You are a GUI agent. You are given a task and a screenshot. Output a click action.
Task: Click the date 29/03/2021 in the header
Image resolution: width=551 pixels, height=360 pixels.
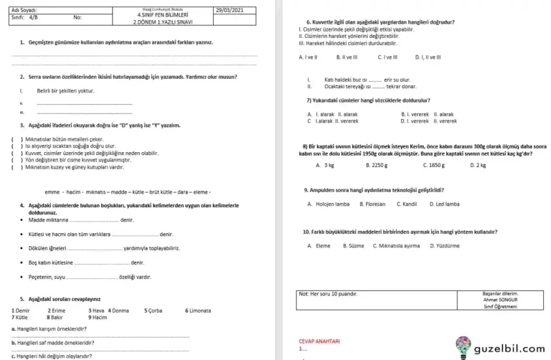click(229, 10)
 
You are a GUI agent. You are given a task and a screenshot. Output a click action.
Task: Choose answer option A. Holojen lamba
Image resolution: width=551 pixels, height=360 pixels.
click(329, 204)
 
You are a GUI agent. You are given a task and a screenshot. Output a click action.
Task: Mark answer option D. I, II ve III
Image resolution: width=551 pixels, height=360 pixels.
click(428, 56)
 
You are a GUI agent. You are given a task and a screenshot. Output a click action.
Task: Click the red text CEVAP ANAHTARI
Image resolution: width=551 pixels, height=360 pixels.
click(319, 341)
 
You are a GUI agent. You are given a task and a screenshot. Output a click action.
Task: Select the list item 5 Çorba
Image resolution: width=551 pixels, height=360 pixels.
click(154, 311)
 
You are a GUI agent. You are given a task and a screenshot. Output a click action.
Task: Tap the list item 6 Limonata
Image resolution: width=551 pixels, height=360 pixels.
click(198, 311)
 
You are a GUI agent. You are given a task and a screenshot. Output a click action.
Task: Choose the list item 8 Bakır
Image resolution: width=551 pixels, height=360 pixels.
click(55, 316)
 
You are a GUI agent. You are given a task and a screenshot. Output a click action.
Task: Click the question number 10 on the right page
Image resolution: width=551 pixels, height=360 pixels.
click(306, 231)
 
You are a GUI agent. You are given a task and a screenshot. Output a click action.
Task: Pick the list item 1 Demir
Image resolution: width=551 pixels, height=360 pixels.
click(21, 311)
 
